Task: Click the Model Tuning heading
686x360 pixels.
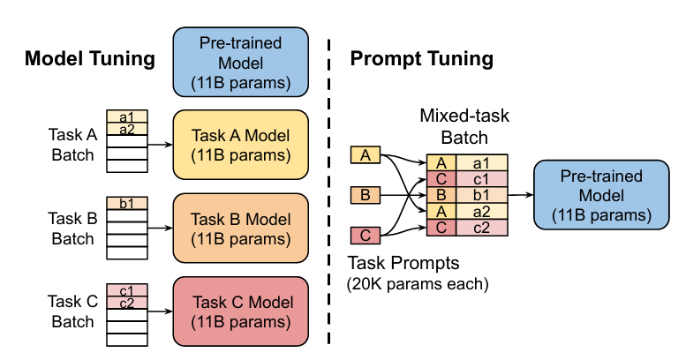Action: click(x=90, y=59)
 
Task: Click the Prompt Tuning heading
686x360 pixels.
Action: click(x=422, y=59)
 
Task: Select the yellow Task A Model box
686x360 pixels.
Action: click(x=240, y=144)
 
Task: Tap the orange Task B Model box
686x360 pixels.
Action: click(x=240, y=229)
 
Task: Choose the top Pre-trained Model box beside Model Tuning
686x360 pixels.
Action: click(x=240, y=60)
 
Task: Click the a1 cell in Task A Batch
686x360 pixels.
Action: click(x=126, y=116)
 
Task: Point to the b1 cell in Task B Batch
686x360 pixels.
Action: click(x=126, y=202)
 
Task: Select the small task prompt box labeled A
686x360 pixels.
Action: click(x=366, y=155)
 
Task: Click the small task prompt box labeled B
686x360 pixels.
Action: click(x=366, y=194)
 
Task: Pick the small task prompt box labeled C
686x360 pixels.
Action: click(x=366, y=235)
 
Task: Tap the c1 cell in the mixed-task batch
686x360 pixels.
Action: click(x=481, y=178)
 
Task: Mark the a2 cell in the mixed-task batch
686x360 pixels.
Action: click(x=481, y=211)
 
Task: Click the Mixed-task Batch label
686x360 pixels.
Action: click(x=465, y=127)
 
